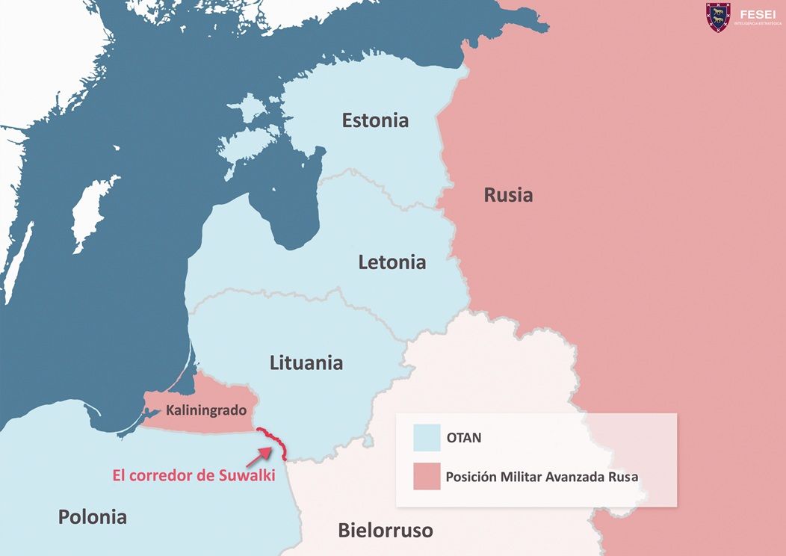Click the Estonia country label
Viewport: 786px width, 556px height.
pyautogui.click(x=375, y=120)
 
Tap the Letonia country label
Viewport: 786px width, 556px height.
pyautogui.click(x=392, y=262)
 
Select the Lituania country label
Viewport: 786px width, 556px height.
pyautogui.click(x=306, y=363)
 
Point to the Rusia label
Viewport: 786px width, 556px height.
pyautogui.click(x=508, y=195)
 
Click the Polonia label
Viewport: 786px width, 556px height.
pyautogui.click(x=93, y=516)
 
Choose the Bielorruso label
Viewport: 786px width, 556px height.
pyautogui.click(x=385, y=531)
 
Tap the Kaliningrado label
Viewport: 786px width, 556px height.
pyautogui.click(x=206, y=410)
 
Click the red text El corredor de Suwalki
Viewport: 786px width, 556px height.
pyautogui.click(x=194, y=475)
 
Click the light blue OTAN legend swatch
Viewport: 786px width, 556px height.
pyautogui.click(x=426, y=438)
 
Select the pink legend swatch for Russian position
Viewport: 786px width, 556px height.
pyautogui.click(x=426, y=476)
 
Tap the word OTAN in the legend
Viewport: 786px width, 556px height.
pyautogui.click(x=463, y=438)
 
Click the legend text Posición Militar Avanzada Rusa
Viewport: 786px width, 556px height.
pyautogui.click(x=542, y=476)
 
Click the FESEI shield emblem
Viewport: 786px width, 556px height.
pyautogui.click(x=718, y=17)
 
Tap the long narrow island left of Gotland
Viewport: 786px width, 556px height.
pyautogui.click(x=16, y=254)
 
